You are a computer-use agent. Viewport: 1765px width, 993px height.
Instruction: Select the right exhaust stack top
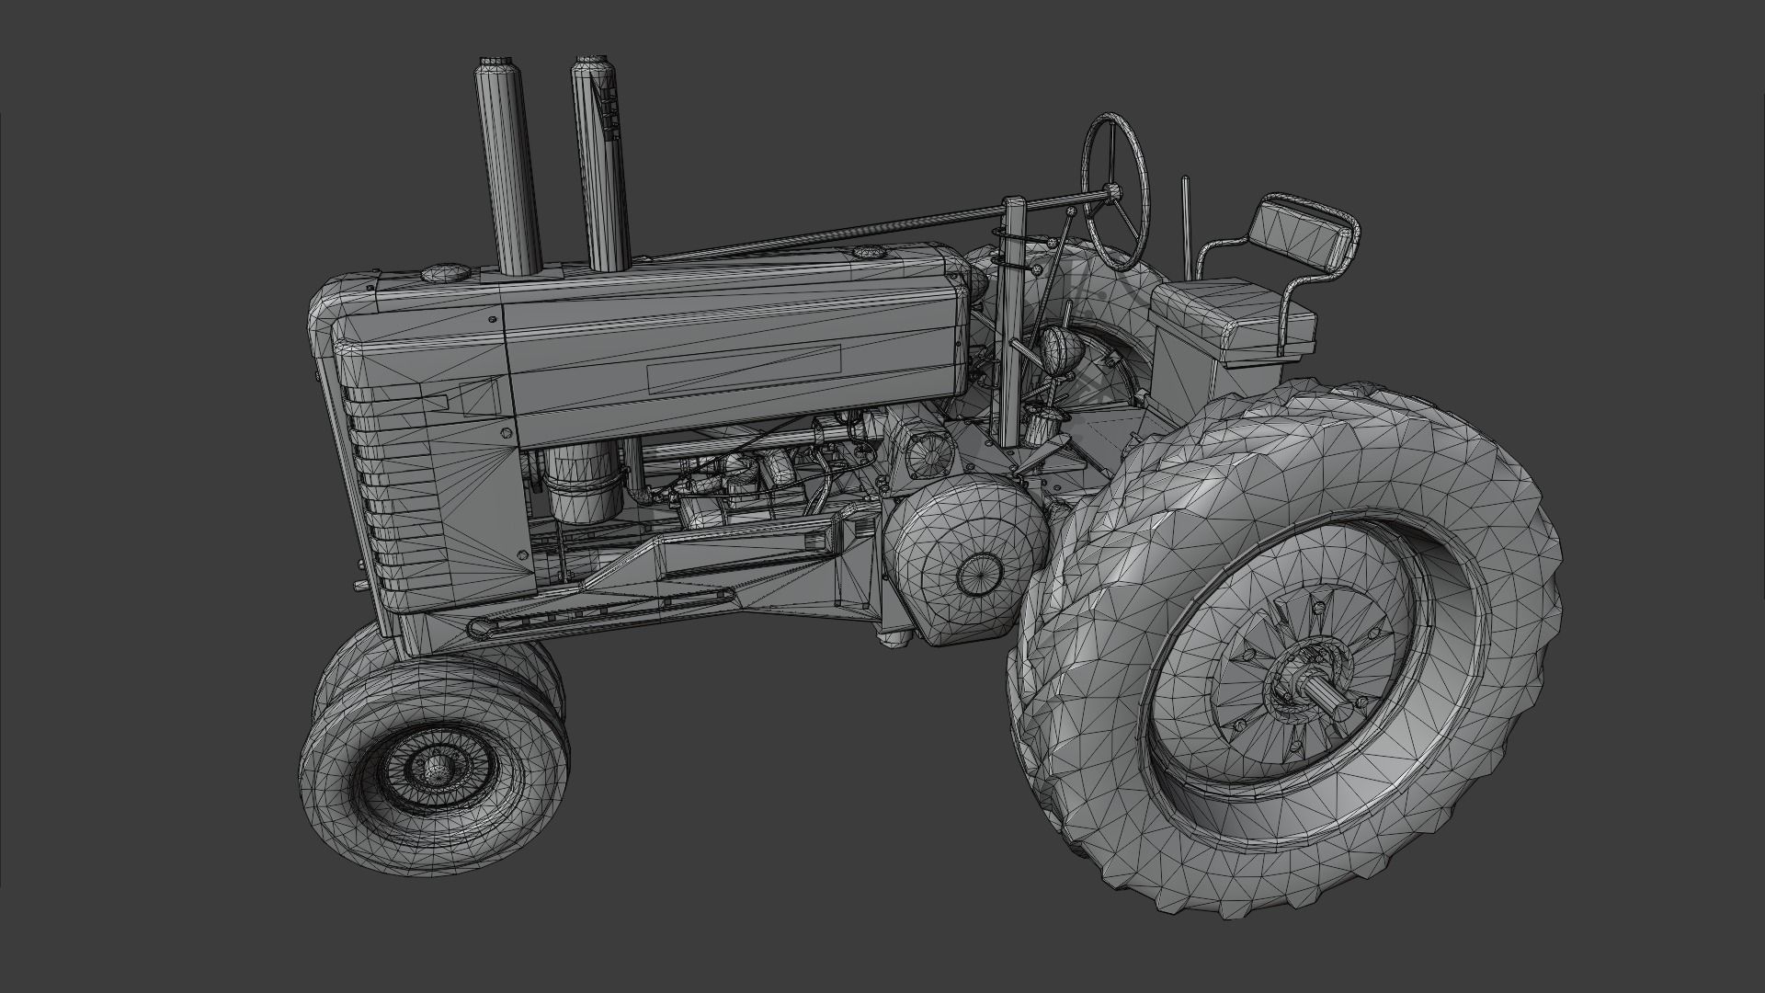pos(593,65)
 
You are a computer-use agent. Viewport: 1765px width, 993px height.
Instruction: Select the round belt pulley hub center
pos(977,574)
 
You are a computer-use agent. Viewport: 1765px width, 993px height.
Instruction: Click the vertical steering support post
pos(1013,331)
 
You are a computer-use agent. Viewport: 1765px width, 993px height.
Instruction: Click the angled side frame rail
pos(643,588)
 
